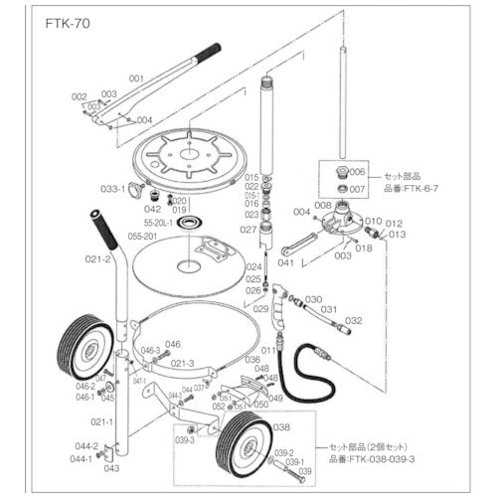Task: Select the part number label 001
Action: (136, 77)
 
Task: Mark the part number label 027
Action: (250, 229)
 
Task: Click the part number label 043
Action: (111, 467)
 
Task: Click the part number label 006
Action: (358, 171)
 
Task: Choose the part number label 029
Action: (261, 310)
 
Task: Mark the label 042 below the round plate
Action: (152, 209)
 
